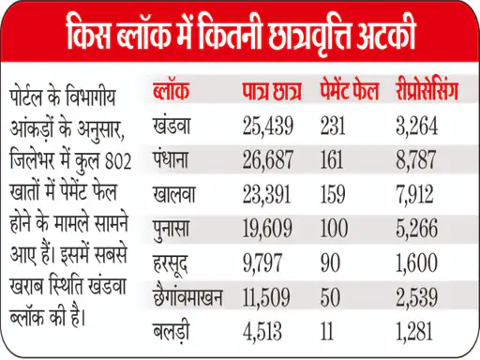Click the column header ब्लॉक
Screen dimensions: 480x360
click(x=171, y=91)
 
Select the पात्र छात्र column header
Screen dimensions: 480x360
click(x=272, y=91)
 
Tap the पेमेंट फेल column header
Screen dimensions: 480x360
click(x=350, y=91)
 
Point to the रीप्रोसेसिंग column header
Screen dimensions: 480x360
click(x=427, y=91)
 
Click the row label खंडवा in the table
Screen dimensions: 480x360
click(x=172, y=126)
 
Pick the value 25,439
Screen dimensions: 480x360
click(x=268, y=126)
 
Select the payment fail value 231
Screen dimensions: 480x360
click(x=333, y=126)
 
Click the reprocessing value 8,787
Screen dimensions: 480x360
click(x=415, y=159)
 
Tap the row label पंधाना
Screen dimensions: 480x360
click(x=171, y=159)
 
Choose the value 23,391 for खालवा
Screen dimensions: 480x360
click(x=266, y=194)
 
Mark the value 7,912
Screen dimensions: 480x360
click(x=414, y=194)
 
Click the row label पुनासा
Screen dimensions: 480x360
click(x=171, y=229)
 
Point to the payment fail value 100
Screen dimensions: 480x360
click(x=334, y=228)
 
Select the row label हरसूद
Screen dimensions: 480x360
click(x=171, y=263)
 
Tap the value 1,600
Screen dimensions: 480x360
click(x=416, y=262)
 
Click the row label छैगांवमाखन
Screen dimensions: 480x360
click(x=187, y=296)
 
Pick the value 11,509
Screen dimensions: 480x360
click(x=266, y=297)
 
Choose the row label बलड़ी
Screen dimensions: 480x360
click(x=171, y=332)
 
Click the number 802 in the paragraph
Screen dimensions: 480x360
click(x=118, y=161)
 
